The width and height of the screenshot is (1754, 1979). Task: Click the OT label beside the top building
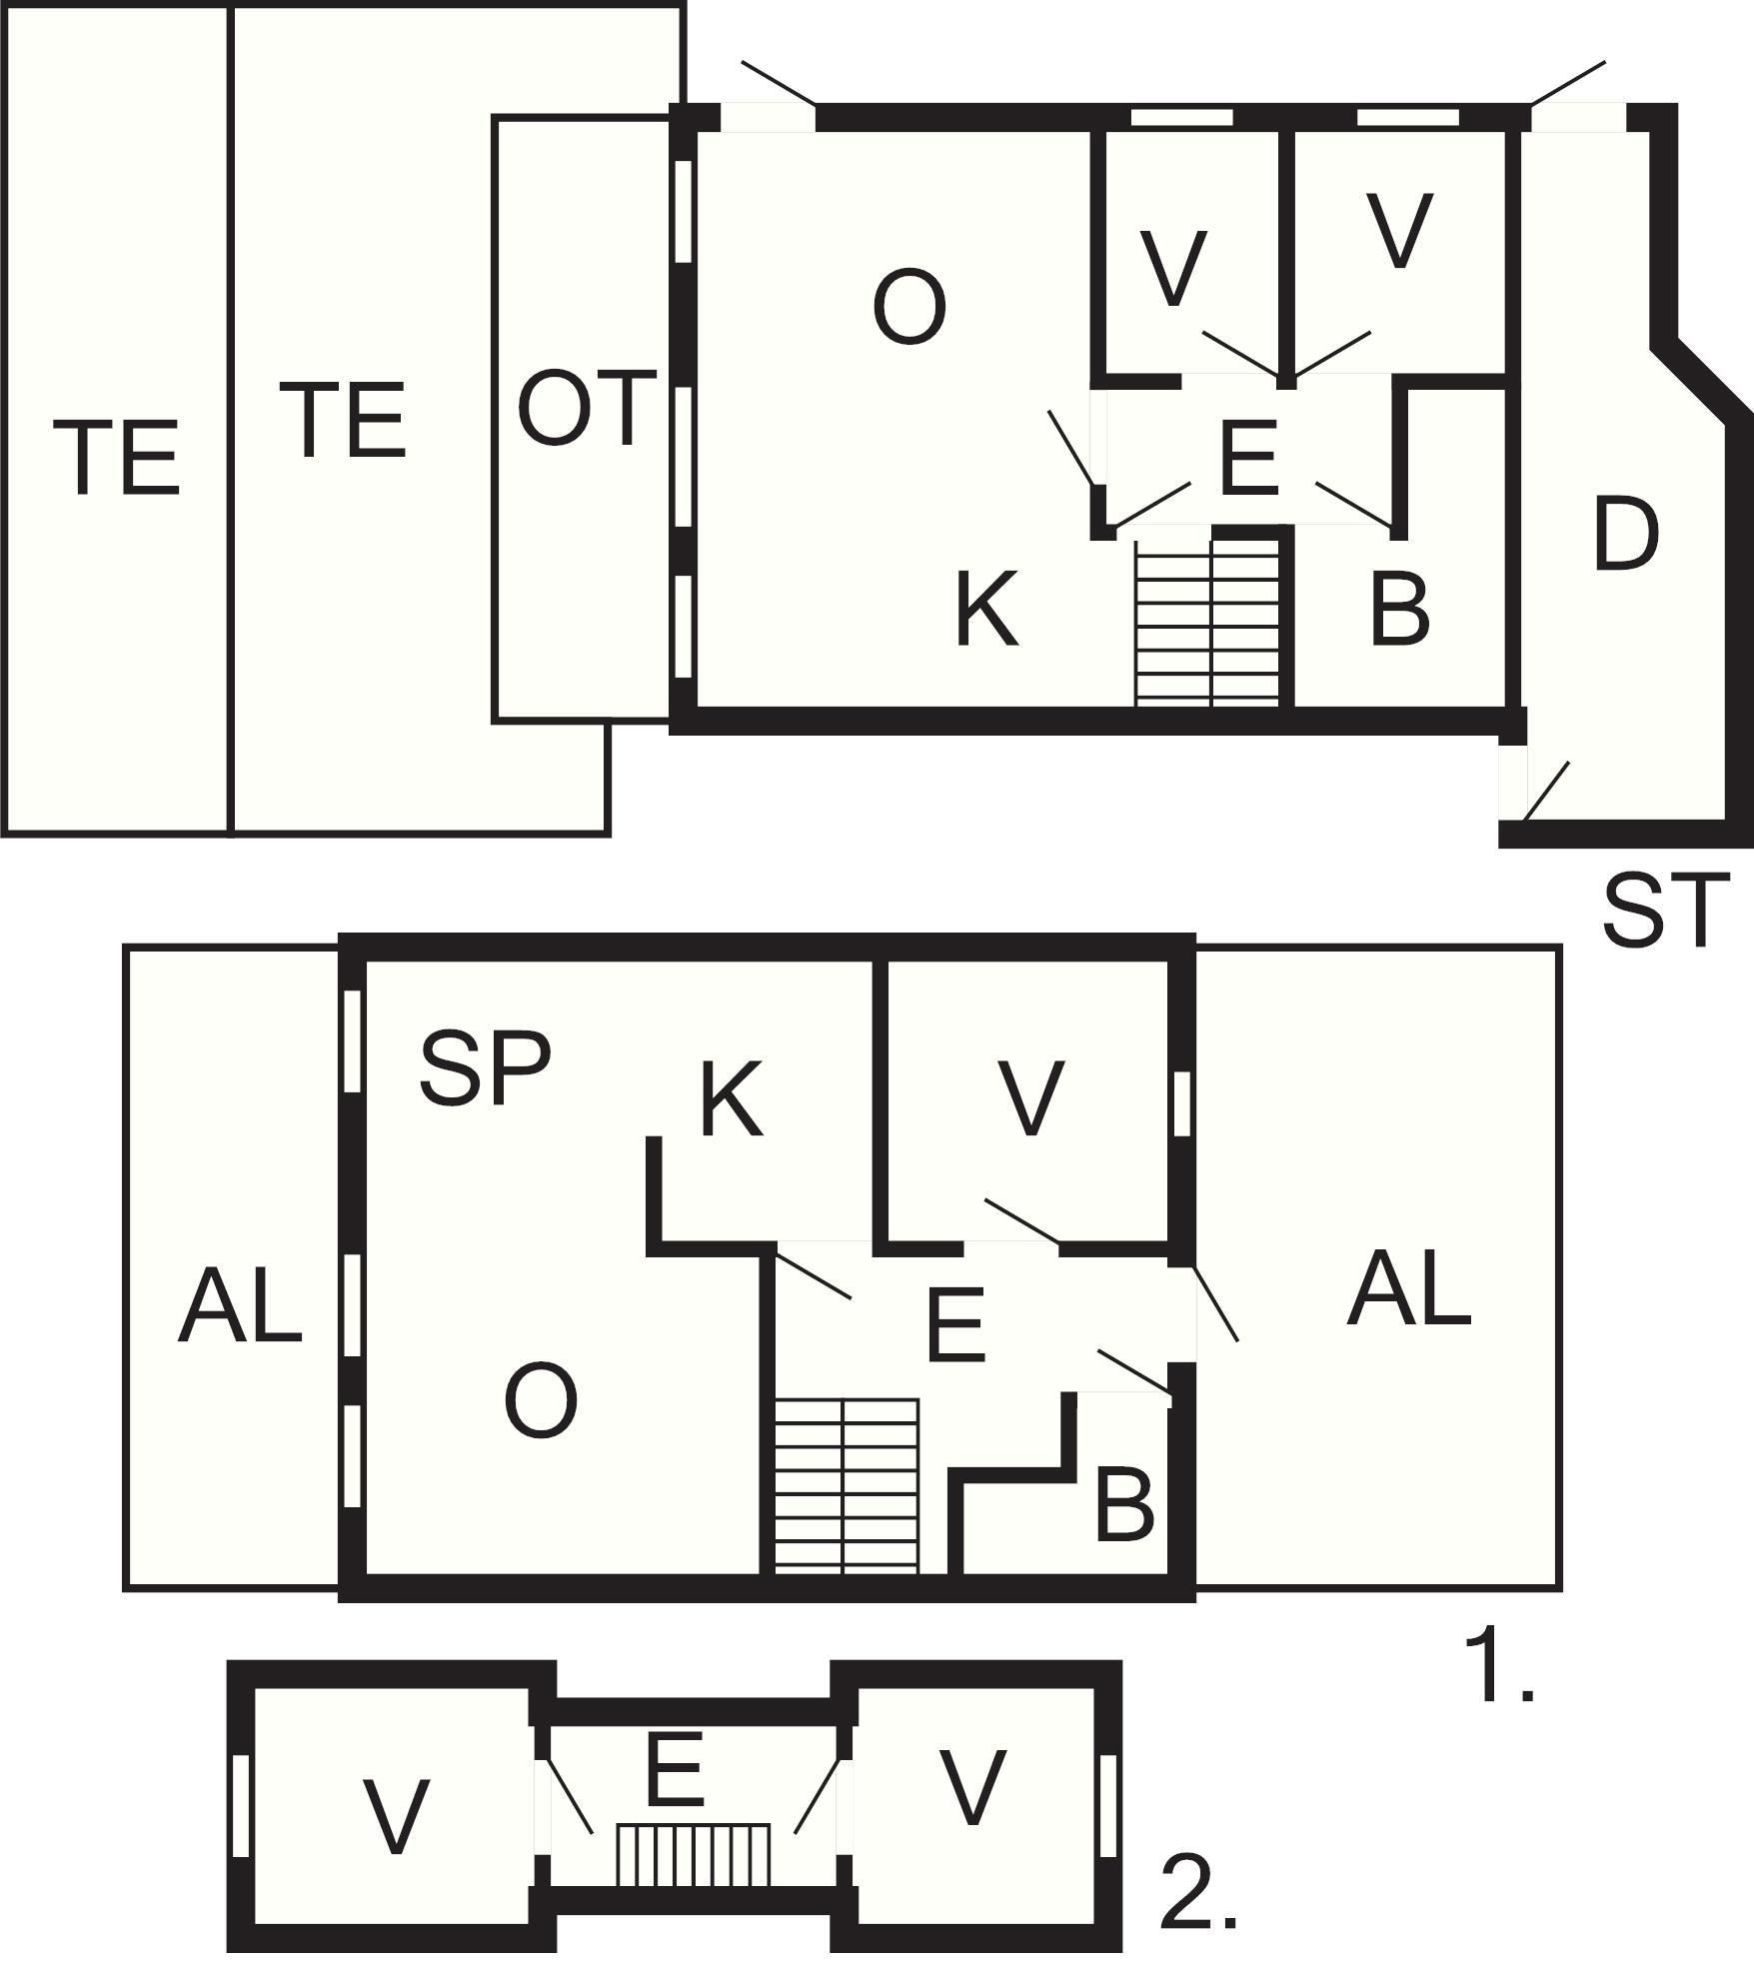tap(587, 408)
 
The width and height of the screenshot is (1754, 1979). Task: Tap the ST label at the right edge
tap(1666, 910)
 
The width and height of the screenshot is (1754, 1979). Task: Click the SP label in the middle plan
tap(485, 1069)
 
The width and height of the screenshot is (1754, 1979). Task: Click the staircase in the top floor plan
tap(1208, 623)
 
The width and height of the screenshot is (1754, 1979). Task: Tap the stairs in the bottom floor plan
tap(694, 1854)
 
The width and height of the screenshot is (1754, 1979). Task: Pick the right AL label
tap(1409, 1288)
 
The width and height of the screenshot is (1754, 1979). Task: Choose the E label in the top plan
tap(1249, 459)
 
